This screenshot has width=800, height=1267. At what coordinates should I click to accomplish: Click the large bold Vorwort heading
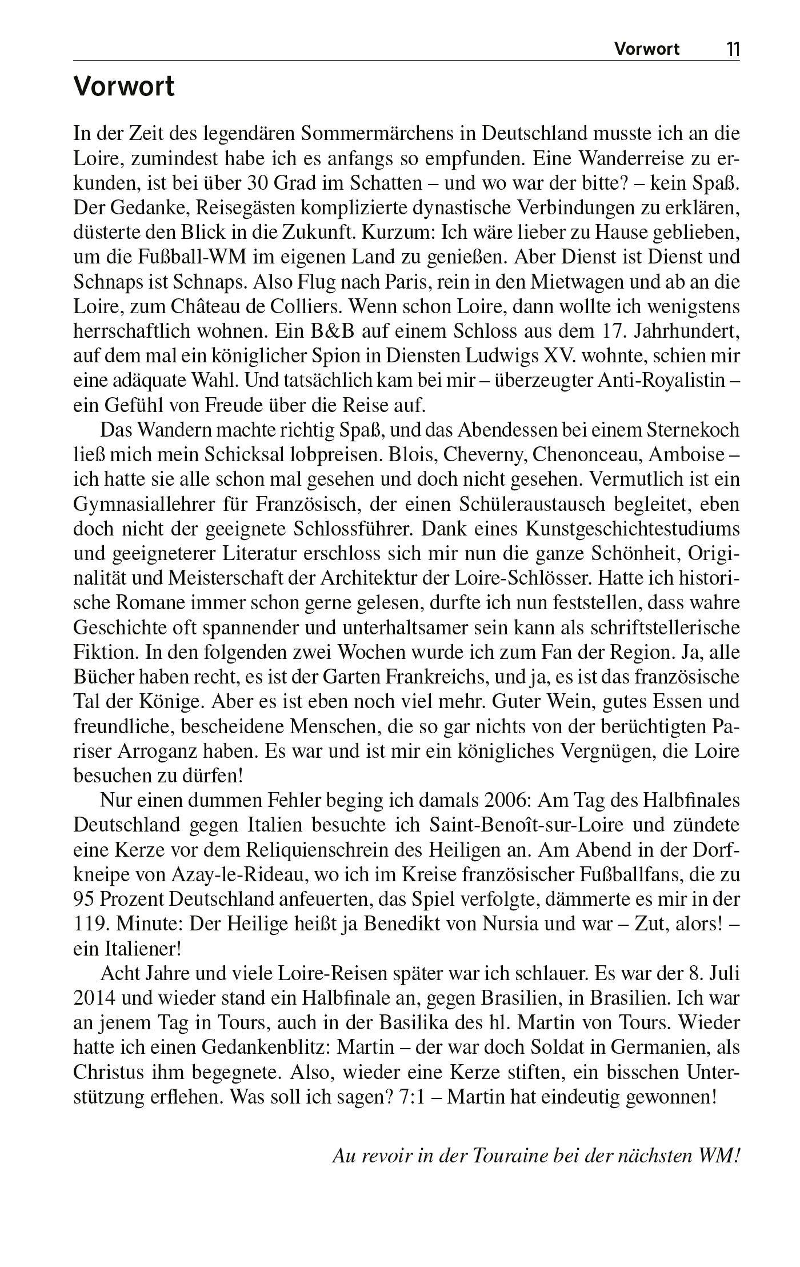(x=124, y=87)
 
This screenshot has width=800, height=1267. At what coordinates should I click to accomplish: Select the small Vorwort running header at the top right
(x=647, y=49)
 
